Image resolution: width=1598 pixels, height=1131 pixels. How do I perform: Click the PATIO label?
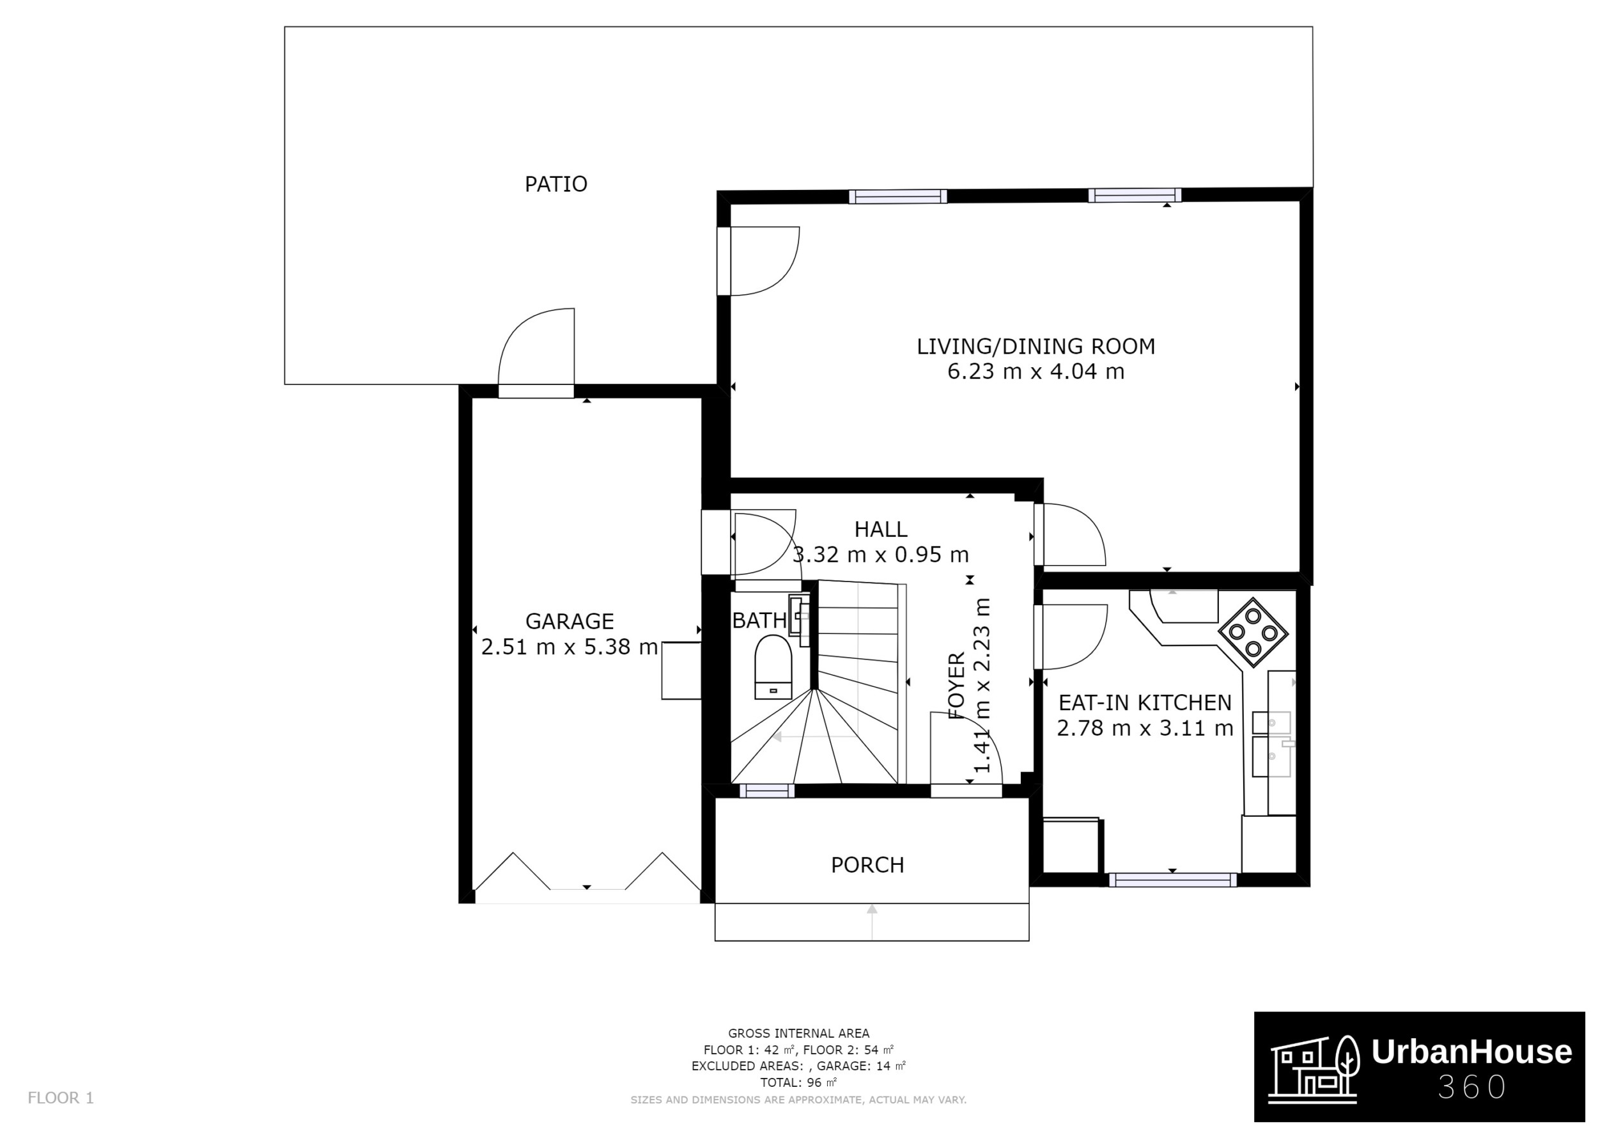[x=555, y=184]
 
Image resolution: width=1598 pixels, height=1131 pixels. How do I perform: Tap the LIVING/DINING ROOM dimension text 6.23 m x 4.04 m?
[x=1035, y=371]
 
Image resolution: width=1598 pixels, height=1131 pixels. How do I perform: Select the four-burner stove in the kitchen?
[x=1253, y=633]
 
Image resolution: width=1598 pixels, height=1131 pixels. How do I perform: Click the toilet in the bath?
[x=773, y=667]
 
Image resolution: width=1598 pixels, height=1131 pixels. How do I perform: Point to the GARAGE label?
[x=569, y=621]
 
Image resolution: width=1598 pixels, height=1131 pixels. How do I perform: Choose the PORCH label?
[x=867, y=865]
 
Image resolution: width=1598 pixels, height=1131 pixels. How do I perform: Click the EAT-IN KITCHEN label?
[x=1144, y=702]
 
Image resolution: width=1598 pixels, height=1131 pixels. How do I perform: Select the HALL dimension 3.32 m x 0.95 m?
[x=880, y=555]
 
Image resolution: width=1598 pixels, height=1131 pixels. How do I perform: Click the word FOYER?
[x=957, y=685]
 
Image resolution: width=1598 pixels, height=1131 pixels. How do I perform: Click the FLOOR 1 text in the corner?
[x=61, y=1098]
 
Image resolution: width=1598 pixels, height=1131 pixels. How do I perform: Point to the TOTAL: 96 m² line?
[x=798, y=1083]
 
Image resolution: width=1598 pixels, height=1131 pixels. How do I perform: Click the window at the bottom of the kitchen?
[x=1172, y=880]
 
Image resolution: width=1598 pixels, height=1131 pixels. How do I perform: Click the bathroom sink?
[x=799, y=614]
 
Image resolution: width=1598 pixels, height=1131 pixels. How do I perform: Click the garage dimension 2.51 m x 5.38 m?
[x=569, y=647]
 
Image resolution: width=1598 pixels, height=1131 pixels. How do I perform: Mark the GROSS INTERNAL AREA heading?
[x=798, y=1034]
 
